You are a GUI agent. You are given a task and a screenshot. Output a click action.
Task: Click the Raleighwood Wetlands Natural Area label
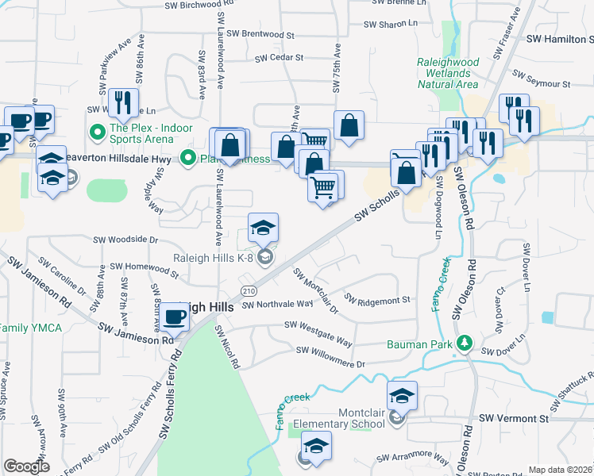point(449,72)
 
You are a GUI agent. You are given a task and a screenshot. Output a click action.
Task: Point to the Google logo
point(26,466)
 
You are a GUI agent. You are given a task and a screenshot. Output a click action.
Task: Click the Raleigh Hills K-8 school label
point(213,256)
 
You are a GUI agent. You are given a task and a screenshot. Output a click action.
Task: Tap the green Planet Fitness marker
point(188,157)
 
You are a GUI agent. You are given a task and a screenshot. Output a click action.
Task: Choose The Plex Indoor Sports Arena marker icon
point(98,132)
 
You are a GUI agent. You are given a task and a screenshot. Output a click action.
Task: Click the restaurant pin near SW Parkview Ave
point(122,102)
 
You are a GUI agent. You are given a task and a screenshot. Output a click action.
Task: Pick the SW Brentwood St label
point(260,35)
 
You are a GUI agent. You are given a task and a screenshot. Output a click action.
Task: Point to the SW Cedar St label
point(280,58)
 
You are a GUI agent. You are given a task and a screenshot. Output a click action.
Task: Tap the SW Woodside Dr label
point(126,238)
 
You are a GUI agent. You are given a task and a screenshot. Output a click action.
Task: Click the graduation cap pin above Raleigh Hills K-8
point(264,228)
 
